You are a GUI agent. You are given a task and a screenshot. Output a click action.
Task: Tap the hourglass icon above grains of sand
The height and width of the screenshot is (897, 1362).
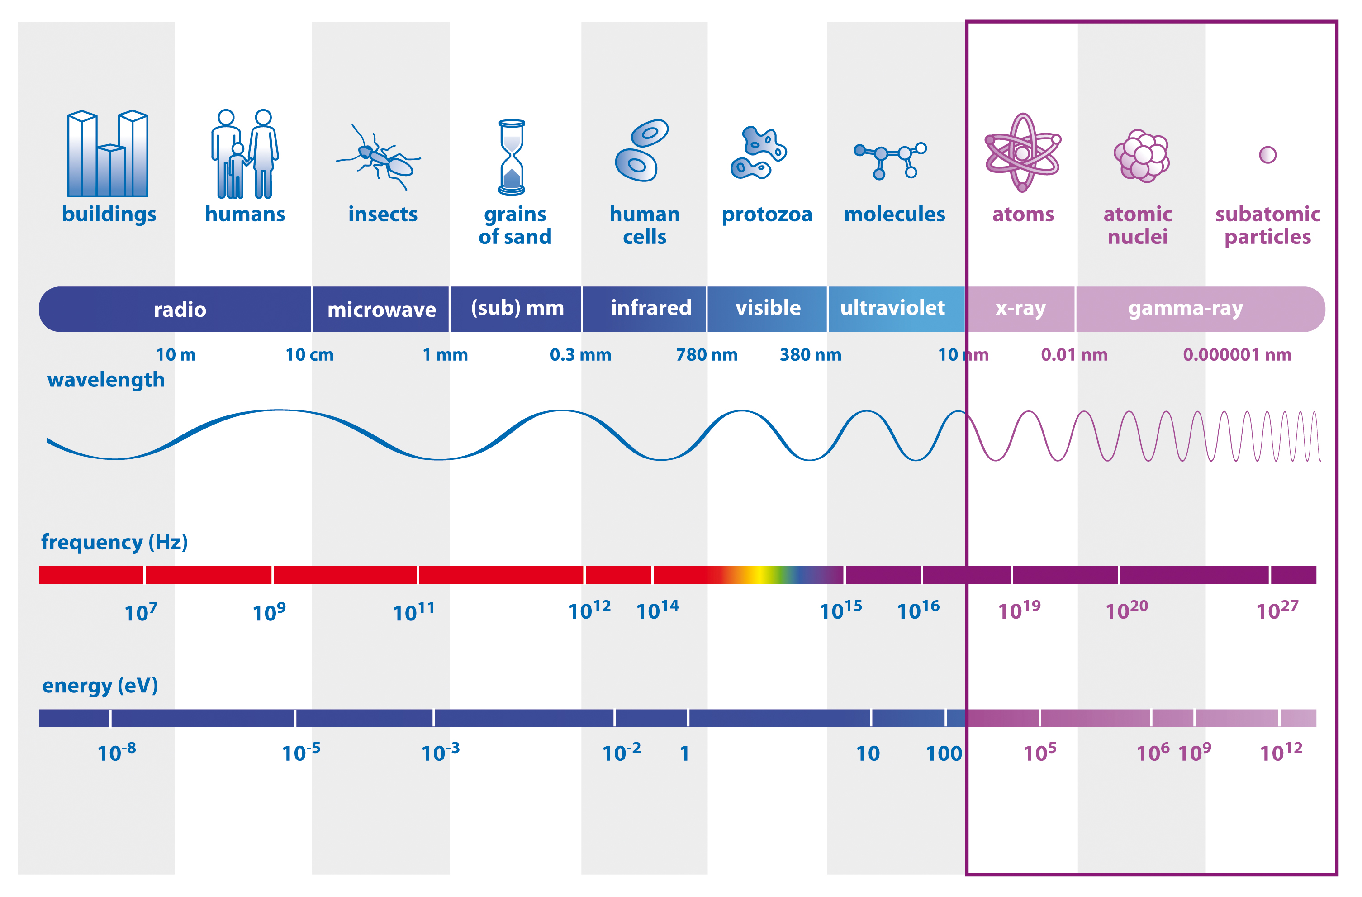click(512, 157)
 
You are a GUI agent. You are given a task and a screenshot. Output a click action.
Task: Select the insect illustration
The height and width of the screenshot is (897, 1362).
click(380, 157)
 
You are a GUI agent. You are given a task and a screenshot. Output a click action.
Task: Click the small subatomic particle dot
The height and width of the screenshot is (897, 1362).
click(1267, 155)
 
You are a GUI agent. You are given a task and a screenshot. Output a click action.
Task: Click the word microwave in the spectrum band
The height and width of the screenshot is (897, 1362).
click(381, 310)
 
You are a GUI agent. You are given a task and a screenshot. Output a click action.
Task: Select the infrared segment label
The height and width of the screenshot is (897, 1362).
click(650, 308)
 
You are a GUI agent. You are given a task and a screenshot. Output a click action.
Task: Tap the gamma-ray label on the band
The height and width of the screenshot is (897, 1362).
click(1186, 308)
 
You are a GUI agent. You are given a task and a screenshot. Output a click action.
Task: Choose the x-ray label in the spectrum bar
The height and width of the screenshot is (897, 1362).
click(1020, 308)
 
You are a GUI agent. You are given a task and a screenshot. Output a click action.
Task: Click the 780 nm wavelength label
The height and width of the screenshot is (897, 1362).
click(707, 355)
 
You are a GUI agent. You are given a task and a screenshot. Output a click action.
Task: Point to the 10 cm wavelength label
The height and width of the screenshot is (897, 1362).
click(309, 355)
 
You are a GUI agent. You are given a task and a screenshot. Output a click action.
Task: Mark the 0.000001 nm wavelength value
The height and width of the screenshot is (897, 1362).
click(1237, 355)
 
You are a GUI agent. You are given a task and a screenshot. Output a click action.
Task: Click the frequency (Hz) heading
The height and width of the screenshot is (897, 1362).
click(114, 542)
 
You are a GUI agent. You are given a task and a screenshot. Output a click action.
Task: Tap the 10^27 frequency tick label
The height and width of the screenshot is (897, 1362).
click(1277, 611)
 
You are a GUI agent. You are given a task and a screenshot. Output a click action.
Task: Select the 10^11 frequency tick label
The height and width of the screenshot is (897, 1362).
click(413, 612)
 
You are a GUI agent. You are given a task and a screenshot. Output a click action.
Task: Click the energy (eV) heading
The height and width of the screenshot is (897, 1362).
click(100, 685)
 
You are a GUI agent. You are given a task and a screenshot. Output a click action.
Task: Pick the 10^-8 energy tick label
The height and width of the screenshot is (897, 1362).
click(117, 752)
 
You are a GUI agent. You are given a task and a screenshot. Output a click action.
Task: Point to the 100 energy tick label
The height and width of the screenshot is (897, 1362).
click(944, 754)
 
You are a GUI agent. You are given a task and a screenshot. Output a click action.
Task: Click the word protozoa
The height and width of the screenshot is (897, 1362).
click(767, 215)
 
